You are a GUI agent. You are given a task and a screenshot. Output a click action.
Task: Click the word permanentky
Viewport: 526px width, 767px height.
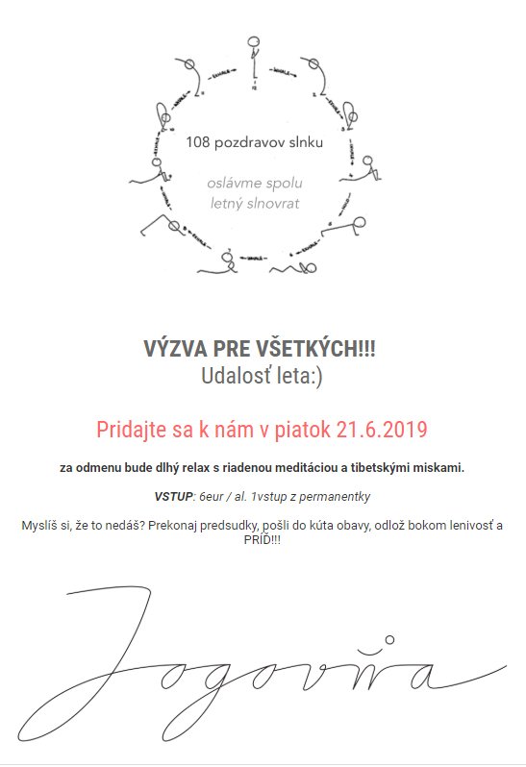click(336, 497)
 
